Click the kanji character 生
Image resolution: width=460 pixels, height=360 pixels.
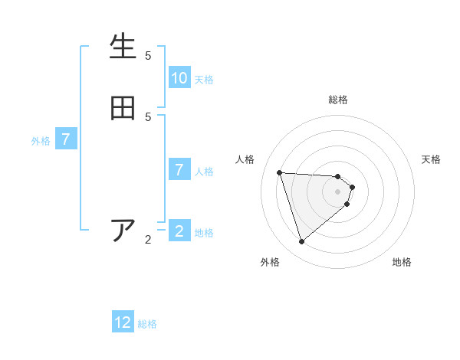[123, 47]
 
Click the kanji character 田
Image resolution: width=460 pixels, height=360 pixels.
[123, 108]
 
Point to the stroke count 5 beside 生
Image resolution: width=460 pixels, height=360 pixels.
[148, 56]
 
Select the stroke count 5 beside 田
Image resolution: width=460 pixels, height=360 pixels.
[148, 117]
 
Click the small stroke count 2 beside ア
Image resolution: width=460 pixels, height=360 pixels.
[148, 240]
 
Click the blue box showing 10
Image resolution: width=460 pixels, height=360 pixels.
[179, 78]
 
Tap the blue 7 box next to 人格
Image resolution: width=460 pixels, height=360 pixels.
[179, 170]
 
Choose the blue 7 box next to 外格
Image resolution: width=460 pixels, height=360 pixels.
[66, 140]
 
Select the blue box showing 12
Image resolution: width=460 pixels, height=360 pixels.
[123, 322]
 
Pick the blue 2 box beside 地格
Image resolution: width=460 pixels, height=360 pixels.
[179, 231]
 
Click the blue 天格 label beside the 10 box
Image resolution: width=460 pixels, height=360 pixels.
[204, 80]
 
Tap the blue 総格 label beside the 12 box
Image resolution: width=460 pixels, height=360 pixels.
[147, 324]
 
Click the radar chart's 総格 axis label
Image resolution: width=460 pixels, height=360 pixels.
[338, 100]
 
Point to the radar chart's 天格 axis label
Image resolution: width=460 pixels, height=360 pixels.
[431, 159]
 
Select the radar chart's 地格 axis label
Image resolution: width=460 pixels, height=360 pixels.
[402, 262]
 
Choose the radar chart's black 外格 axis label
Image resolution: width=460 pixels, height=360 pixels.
[270, 262]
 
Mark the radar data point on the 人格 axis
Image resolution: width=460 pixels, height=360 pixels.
[280, 172]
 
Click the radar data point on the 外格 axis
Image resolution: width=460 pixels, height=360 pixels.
[302, 242]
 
